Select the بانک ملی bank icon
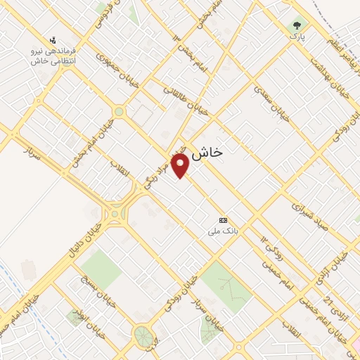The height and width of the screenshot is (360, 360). click(x=224, y=219)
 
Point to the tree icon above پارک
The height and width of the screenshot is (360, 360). click(x=297, y=25)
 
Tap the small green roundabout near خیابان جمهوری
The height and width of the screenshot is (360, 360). click(x=119, y=111)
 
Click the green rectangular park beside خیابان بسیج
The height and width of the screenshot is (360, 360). click(x=101, y=268)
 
